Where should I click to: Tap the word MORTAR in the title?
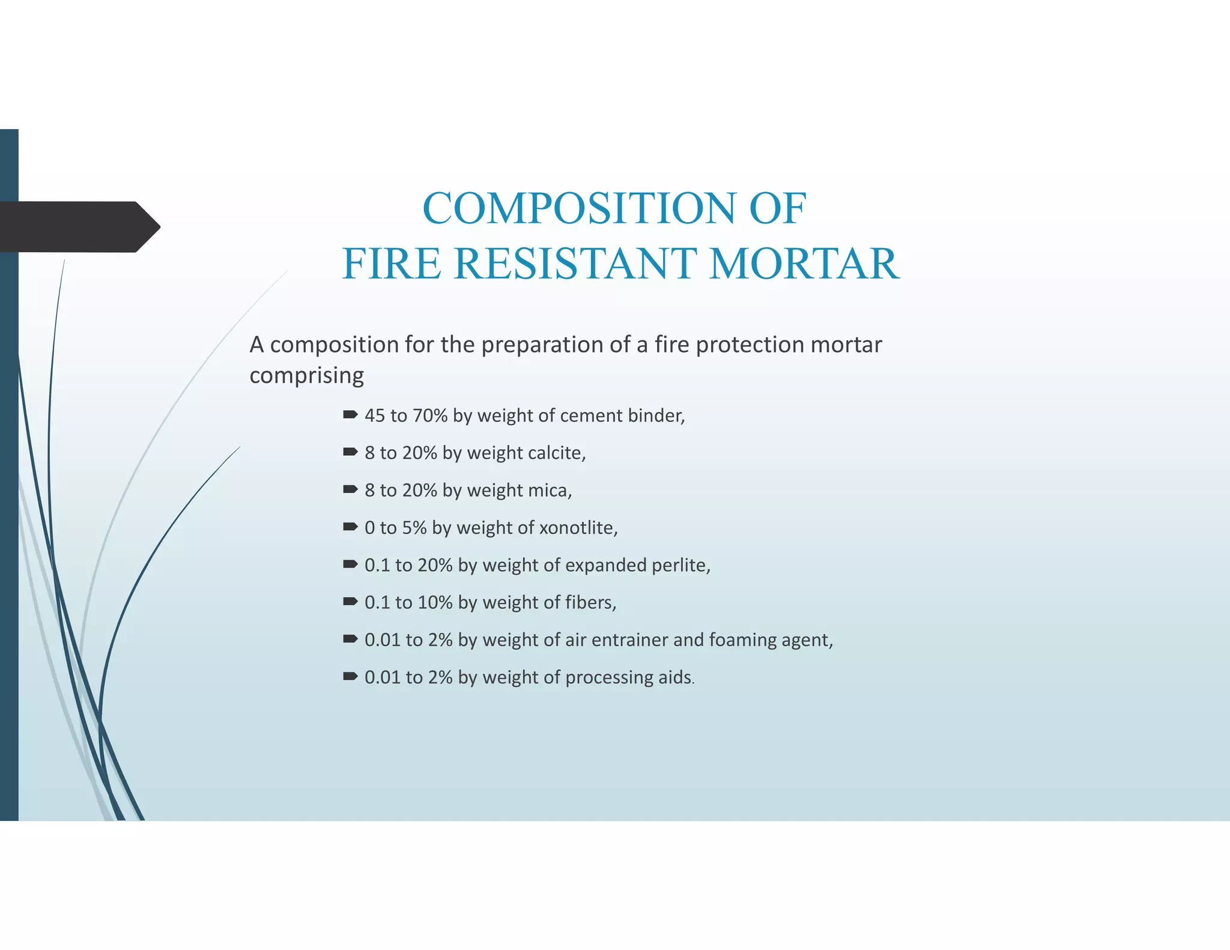click(804, 264)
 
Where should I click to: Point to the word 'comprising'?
click(306, 376)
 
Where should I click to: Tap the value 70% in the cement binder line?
click(430, 416)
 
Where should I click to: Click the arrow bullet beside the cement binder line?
click(350, 414)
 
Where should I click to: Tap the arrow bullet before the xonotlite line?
click(350, 527)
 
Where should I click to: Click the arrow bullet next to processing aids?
click(350, 676)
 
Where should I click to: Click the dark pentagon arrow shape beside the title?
click(78, 227)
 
